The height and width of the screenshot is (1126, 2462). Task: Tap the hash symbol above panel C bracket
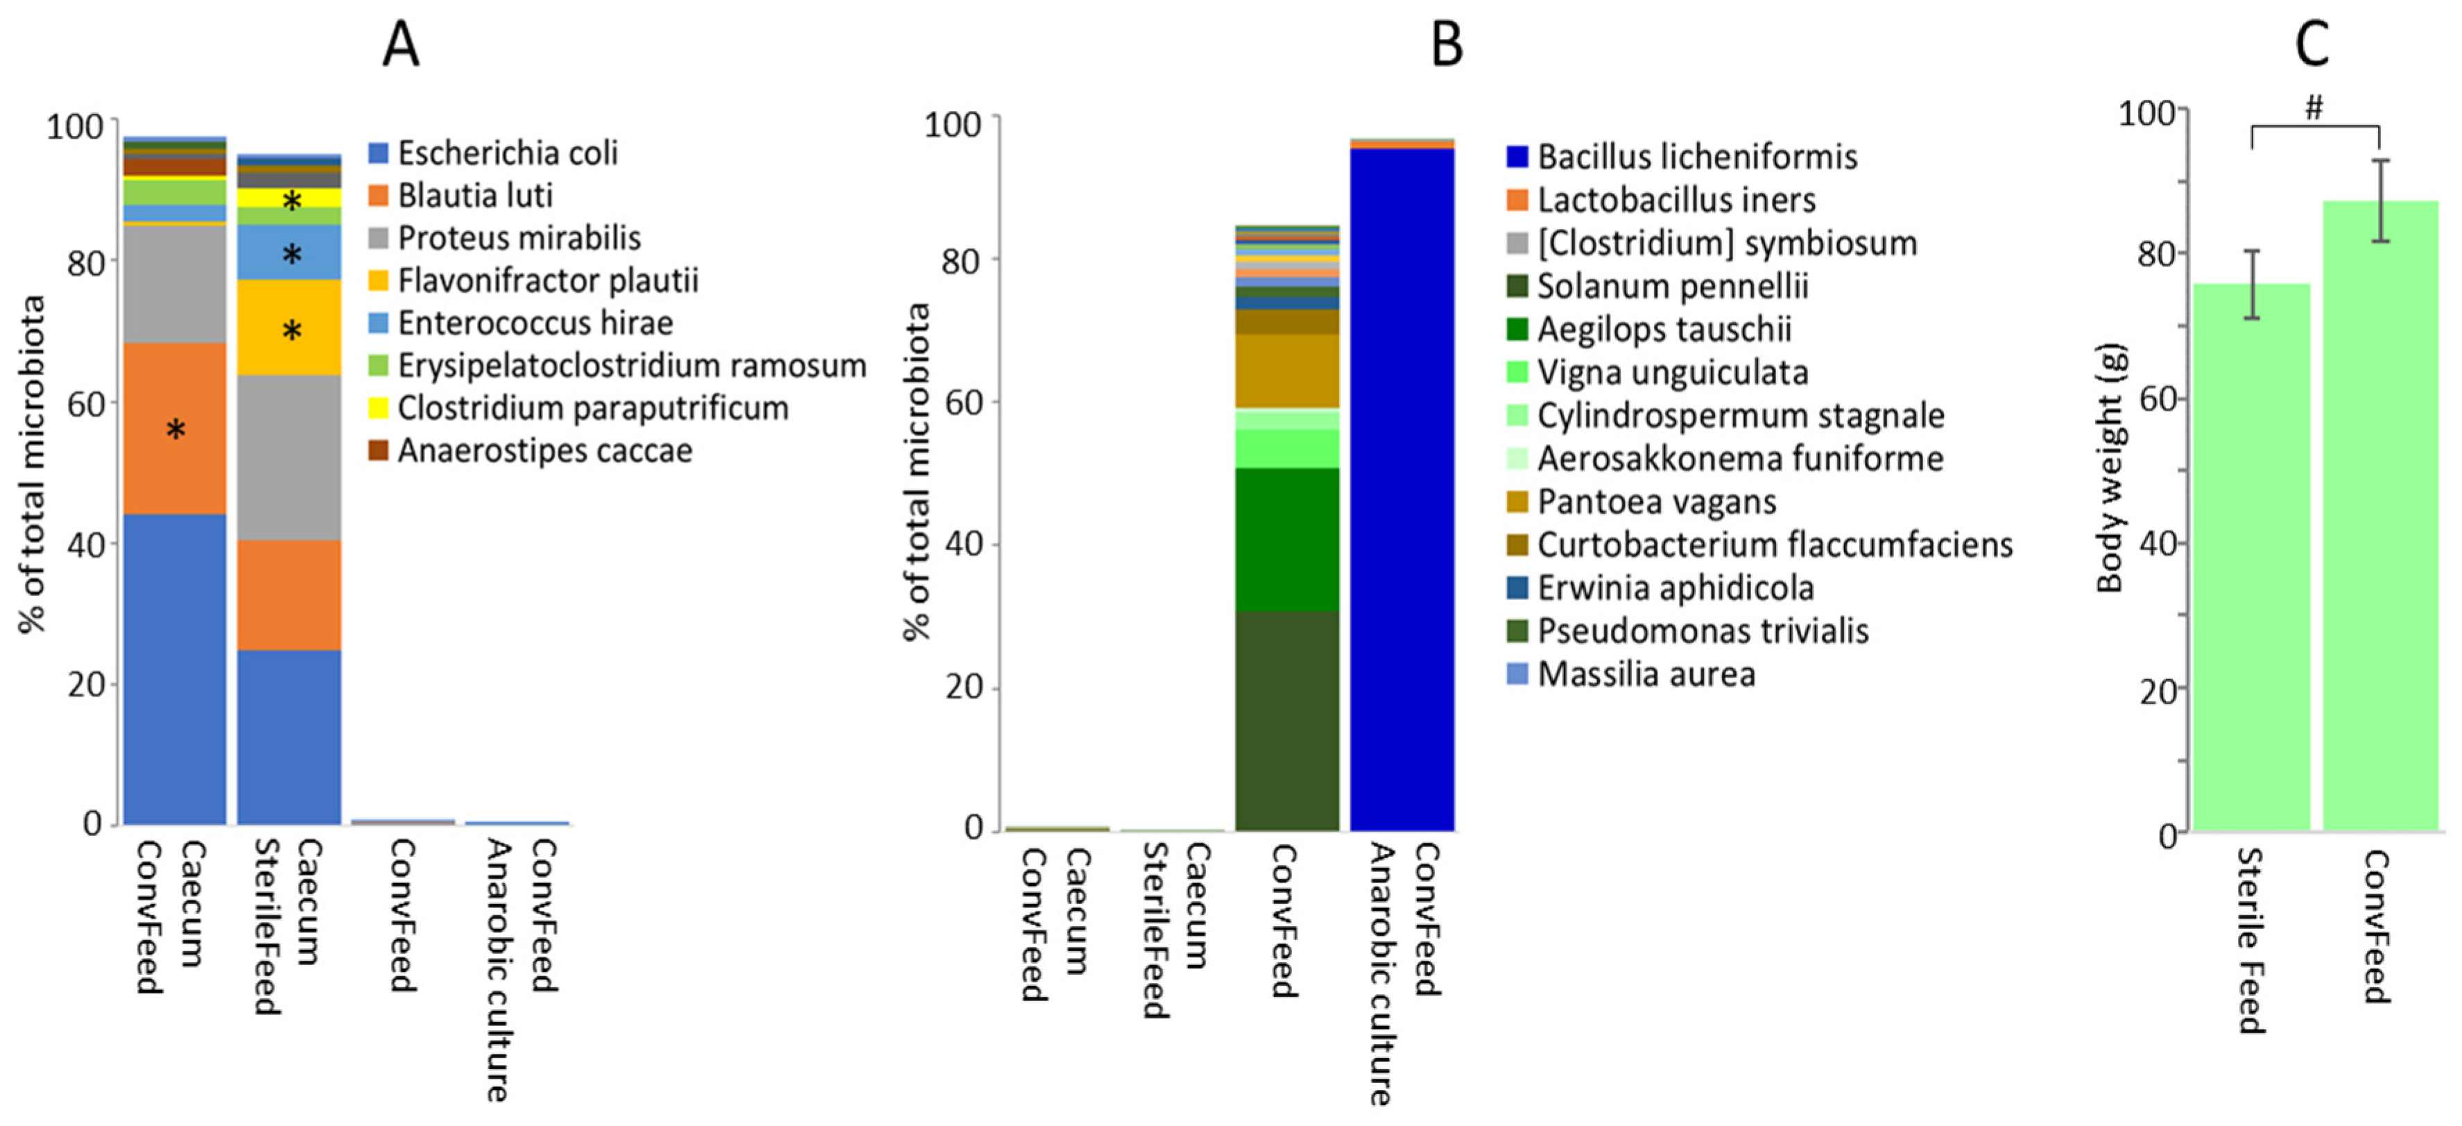point(2314,108)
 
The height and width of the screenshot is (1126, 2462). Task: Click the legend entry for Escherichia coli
point(506,153)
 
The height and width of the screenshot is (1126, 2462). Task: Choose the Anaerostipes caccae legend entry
point(544,450)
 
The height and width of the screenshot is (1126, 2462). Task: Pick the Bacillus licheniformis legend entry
point(1696,157)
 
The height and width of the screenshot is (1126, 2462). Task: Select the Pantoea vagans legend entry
point(1655,502)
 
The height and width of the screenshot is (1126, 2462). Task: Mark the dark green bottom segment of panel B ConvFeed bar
point(1286,722)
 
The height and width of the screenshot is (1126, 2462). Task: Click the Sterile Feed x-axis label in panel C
point(2250,941)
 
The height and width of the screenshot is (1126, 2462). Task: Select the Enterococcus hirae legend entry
point(534,323)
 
